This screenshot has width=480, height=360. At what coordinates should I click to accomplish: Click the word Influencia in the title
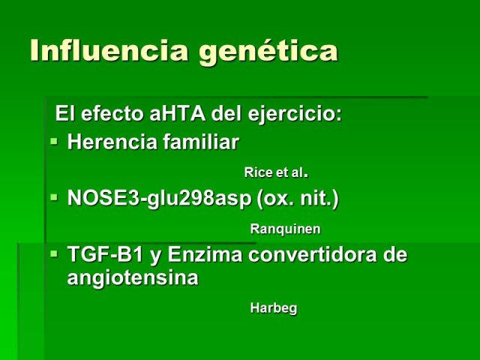point(109,49)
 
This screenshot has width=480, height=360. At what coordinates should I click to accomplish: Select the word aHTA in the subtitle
point(178,113)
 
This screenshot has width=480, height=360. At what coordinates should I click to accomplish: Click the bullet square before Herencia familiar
point(54,142)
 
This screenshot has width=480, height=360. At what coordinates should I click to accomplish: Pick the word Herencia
point(112,142)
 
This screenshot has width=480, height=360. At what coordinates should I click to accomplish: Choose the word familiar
point(201,142)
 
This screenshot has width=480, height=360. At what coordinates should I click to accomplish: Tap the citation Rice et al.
point(276,172)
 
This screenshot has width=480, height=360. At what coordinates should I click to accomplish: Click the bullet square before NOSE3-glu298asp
point(54,197)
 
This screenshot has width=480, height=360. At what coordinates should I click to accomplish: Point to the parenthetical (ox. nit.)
point(298,199)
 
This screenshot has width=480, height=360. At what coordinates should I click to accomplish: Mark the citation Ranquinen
point(285,229)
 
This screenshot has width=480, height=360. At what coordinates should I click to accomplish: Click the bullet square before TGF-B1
point(54,253)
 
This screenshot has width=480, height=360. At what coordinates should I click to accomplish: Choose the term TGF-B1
point(105,254)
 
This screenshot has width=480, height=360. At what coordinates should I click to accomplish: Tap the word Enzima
point(205,254)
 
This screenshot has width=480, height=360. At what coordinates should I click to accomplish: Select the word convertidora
point(313,254)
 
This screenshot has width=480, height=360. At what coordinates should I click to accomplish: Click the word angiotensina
point(133,278)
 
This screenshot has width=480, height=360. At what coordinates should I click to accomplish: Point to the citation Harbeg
point(274,308)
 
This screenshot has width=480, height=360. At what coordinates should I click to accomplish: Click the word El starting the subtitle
point(65,113)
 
